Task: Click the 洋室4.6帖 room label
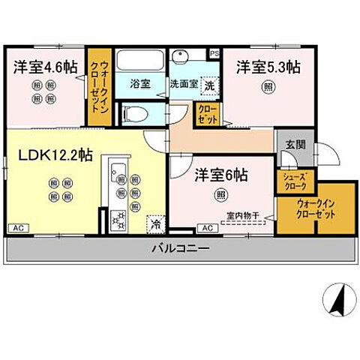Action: click(x=45, y=66)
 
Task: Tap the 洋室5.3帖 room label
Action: click(x=268, y=67)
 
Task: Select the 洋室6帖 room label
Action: click(x=223, y=175)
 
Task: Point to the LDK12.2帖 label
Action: click(x=55, y=156)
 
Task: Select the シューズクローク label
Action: click(x=293, y=181)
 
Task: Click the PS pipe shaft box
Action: click(x=214, y=54)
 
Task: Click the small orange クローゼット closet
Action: click(x=206, y=114)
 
